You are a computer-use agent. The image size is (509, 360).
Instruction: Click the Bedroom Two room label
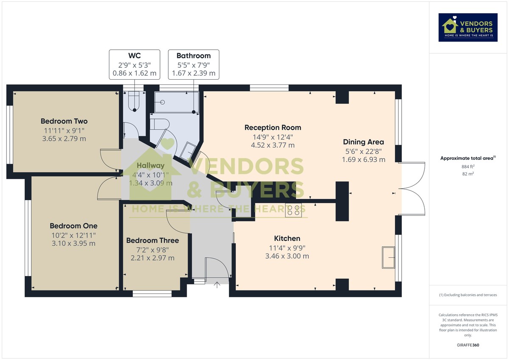64,121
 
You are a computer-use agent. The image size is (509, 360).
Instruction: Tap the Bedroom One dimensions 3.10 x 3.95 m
73,243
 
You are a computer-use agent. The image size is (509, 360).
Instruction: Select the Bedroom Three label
152,240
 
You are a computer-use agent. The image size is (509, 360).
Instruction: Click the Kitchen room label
287,239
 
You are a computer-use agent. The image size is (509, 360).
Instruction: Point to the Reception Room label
273,127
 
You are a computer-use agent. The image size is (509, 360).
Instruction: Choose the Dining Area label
364,142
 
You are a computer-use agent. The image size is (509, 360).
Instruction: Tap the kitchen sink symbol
389,257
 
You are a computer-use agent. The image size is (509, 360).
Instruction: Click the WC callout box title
134,56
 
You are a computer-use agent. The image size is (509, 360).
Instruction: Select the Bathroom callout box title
193,56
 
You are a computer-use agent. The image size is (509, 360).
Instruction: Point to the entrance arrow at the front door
218,285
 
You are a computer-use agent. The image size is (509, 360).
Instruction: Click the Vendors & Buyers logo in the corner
468,28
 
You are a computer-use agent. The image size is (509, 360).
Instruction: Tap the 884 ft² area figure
468,166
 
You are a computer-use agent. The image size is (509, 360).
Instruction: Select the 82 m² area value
468,174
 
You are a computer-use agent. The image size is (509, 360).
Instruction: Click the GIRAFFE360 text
468,345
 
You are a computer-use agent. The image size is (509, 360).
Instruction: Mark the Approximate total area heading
467,158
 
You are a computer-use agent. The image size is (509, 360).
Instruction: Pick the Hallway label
150,166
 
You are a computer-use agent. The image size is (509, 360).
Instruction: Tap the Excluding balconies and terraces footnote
468,295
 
